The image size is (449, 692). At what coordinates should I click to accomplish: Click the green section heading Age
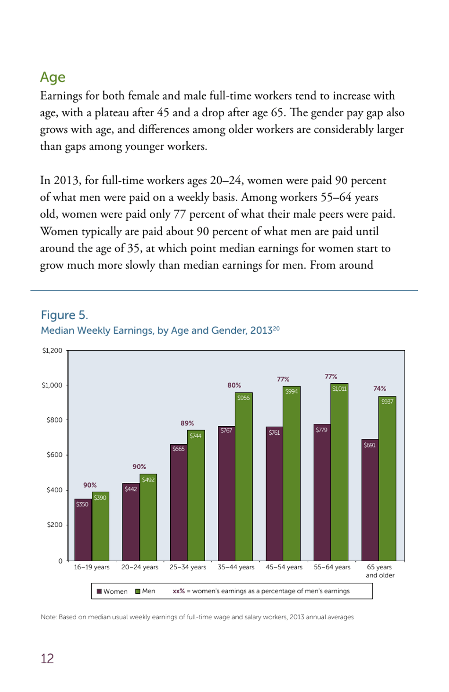(x=52, y=77)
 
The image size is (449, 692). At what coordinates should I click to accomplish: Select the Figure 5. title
(x=64, y=315)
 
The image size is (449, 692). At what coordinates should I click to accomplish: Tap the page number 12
(x=47, y=658)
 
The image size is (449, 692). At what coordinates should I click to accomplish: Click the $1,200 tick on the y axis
(x=52, y=350)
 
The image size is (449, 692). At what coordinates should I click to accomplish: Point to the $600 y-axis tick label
(x=54, y=455)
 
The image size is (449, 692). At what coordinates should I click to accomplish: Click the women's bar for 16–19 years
(x=83, y=531)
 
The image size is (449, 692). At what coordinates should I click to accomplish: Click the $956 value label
(x=243, y=398)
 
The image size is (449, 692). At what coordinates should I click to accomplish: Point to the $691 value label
(x=370, y=445)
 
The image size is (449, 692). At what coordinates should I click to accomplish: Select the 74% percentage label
(x=380, y=388)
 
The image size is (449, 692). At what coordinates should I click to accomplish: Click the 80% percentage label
(x=234, y=385)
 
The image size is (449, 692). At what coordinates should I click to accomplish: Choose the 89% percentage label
(x=187, y=423)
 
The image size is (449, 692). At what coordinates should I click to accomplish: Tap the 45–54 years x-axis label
(x=284, y=567)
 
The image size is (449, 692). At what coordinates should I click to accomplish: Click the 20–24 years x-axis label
(x=140, y=567)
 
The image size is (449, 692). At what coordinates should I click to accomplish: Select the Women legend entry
(x=112, y=591)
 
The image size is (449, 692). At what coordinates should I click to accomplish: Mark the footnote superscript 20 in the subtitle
(x=276, y=328)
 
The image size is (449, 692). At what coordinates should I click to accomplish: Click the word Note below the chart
(x=49, y=617)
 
